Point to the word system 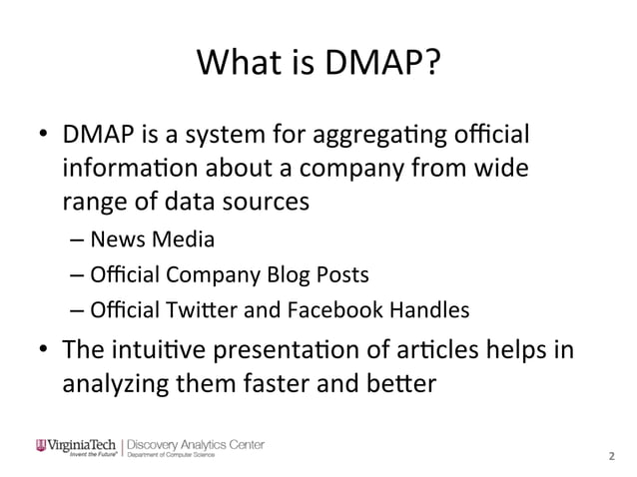pyautogui.click(x=226, y=135)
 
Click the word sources pyautogui.click(x=260, y=201)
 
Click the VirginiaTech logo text pyautogui.click(x=78, y=443)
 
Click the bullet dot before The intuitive pyautogui.click(x=41, y=348)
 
